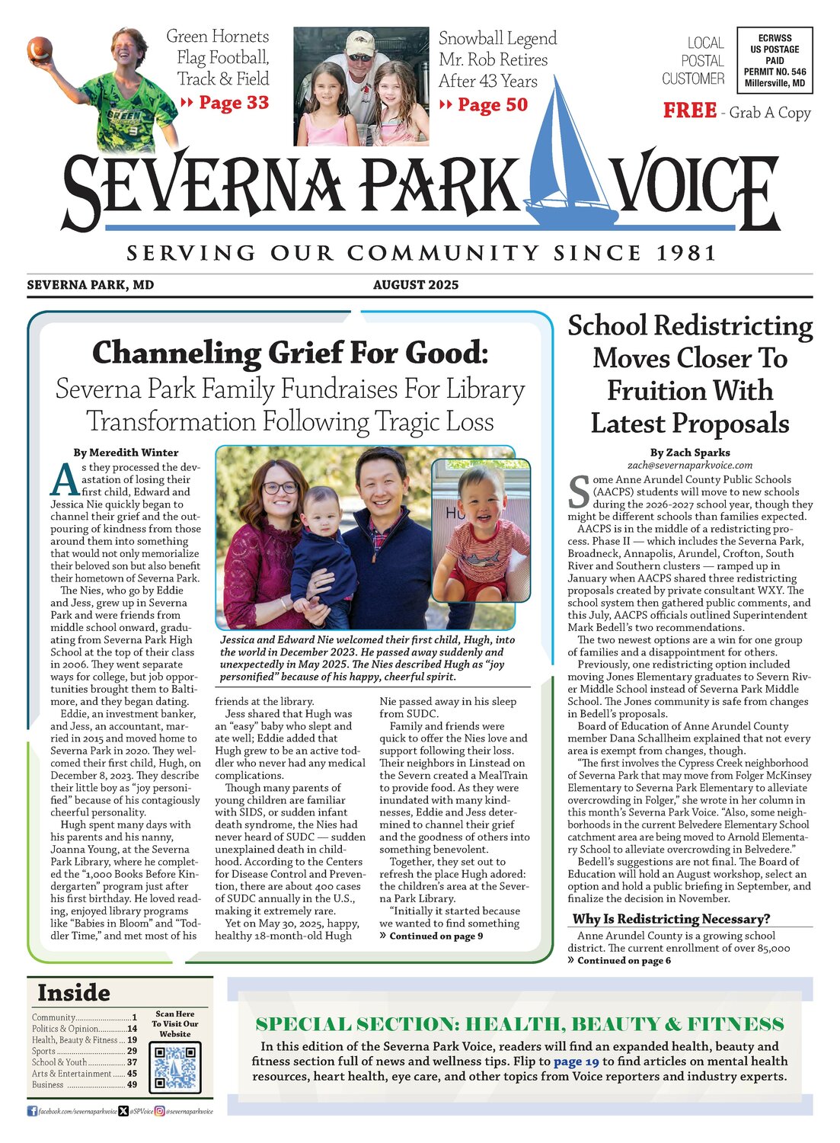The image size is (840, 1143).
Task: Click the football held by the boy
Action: pos(40,50)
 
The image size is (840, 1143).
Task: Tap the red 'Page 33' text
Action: pos(233,103)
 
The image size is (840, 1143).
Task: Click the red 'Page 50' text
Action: pos(492,105)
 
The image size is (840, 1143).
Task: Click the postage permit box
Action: pos(775,60)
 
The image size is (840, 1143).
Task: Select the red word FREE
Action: pos(689,111)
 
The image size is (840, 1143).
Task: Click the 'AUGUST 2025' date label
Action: pos(416,285)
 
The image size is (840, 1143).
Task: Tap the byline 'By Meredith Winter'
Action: pos(126,453)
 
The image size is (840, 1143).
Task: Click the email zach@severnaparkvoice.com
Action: pos(689,465)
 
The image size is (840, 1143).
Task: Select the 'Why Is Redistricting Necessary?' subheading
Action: pos(671,919)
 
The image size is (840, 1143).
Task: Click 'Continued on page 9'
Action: pos(436,936)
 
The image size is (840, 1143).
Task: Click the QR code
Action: pos(175,1067)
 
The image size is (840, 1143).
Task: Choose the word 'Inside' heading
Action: pos(74,993)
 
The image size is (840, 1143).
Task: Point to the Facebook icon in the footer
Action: pos(32,1112)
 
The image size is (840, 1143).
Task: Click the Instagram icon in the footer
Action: pos(160,1112)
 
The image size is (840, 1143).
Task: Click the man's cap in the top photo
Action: pos(360,40)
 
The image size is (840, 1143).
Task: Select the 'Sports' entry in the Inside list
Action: pos(44,1051)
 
